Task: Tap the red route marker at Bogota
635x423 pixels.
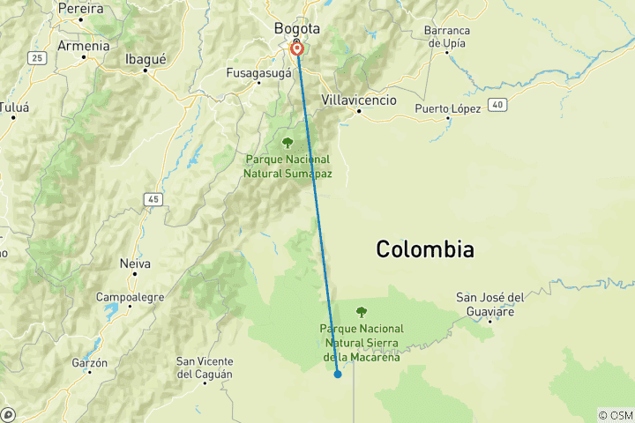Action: coord(297,48)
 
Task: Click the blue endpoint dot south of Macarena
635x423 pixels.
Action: coord(338,375)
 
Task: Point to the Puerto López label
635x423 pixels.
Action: coord(448,108)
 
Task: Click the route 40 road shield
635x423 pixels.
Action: coord(498,105)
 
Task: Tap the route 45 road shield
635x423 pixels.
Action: coord(154,200)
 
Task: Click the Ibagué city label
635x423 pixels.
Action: coord(146,59)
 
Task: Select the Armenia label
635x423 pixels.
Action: coord(83,45)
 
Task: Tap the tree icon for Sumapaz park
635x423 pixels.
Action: coord(287,142)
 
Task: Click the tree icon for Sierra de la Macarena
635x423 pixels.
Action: coord(361,311)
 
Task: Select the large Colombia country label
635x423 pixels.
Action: coord(425,249)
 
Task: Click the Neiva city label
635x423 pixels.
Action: coord(135,263)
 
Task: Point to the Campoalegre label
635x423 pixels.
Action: coord(130,297)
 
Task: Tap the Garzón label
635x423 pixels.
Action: coord(90,362)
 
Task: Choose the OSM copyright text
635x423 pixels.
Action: coord(615,415)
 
